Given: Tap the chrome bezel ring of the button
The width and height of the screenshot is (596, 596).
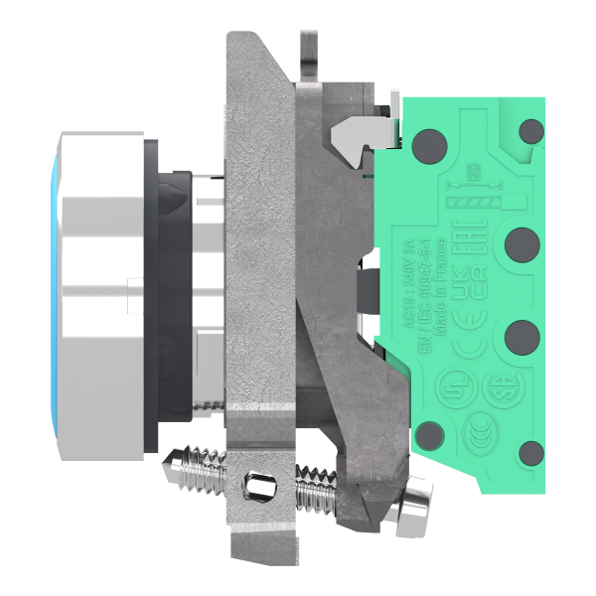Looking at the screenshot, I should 94,298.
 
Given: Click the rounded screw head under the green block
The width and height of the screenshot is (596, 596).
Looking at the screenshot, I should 414,503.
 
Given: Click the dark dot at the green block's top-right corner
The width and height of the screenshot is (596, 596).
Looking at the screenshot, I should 532,130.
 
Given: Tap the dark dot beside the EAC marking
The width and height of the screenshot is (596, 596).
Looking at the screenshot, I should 520,242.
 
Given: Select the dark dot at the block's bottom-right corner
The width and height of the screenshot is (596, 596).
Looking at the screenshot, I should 532,452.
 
